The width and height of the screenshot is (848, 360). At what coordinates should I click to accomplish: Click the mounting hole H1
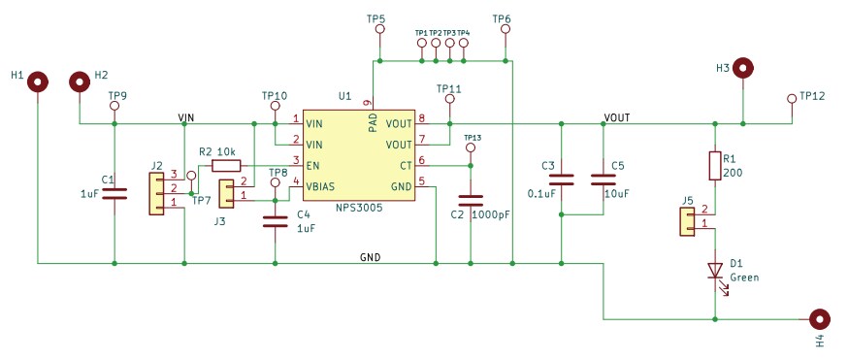click(38, 82)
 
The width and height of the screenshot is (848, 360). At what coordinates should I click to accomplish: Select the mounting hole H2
click(79, 82)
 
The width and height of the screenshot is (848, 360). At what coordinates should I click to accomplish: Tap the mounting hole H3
click(743, 68)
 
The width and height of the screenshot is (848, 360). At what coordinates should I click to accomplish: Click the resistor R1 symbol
click(715, 166)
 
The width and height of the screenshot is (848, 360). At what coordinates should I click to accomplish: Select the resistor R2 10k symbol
click(225, 165)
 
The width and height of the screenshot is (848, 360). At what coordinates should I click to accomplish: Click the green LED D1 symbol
click(715, 270)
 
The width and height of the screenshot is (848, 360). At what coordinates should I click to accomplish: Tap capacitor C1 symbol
click(114, 193)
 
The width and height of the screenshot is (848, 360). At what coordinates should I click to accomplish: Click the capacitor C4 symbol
click(276, 221)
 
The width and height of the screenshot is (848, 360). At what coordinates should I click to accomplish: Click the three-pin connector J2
click(155, 193)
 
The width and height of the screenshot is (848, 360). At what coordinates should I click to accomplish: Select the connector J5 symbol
click(688, 221)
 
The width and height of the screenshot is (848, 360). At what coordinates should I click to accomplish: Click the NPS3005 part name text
click(358, 209)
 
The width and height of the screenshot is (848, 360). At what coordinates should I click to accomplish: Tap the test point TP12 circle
click(792, 98)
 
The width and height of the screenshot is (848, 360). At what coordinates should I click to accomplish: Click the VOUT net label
click(616, 117)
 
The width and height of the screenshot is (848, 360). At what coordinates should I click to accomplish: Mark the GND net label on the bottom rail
click(370, 257)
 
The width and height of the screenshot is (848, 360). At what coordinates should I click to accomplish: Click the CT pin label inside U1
click(405, 166)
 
